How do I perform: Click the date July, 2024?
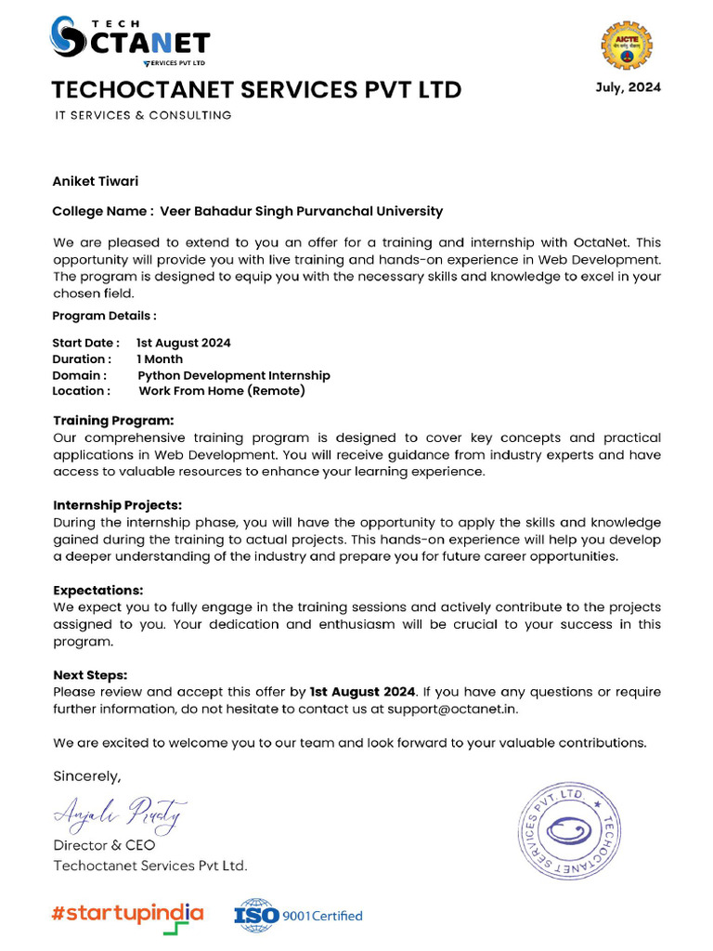click(x=628, y=87)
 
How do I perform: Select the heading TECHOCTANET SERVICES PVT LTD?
click(x=256, y=90)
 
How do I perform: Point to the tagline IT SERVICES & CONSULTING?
click(x=142, y=115)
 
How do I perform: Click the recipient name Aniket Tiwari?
click(x=96, y=181)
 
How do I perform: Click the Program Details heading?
click(x=105, y=316)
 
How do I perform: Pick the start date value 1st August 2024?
click(x=184, y=343)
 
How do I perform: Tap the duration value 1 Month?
click(x=160, y=358)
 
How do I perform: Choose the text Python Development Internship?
click(x=234, y=375)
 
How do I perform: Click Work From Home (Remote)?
click(x=222, y=391)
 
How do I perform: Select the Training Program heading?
click(x=113, y=421)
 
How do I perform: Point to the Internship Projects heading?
click(x=118, y=505)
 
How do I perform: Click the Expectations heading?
click(x=98, y=590)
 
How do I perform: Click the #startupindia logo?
click(x=127, y=914)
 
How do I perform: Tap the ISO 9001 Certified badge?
click(x=298, y=915)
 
